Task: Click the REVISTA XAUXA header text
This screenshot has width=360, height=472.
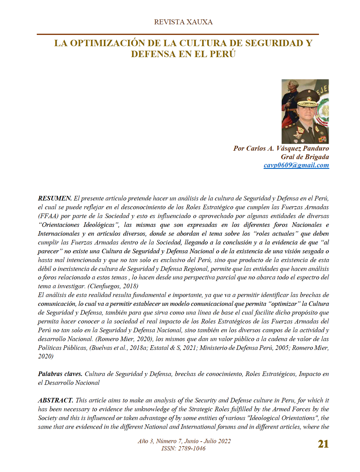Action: (x=183, y=22)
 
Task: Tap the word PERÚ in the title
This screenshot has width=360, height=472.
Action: (x=223, y=54)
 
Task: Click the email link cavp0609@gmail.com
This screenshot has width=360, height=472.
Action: (x=296, y=165)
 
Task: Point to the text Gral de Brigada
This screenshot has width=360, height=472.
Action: (x=305, y=157)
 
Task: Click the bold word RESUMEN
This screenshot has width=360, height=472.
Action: (x=54, y=198)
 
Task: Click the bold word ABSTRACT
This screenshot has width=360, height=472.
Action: (x=55, y=400)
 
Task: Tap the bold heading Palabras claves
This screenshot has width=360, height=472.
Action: (x=60, y=374)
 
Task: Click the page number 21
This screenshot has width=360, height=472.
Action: (x=323, y=444)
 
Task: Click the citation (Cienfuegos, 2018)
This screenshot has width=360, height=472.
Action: (x=113, y=286)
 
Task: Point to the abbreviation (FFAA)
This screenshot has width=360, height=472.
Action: (x=48, y=216)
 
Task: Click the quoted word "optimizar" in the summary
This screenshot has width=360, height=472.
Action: (x=283, y=304)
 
